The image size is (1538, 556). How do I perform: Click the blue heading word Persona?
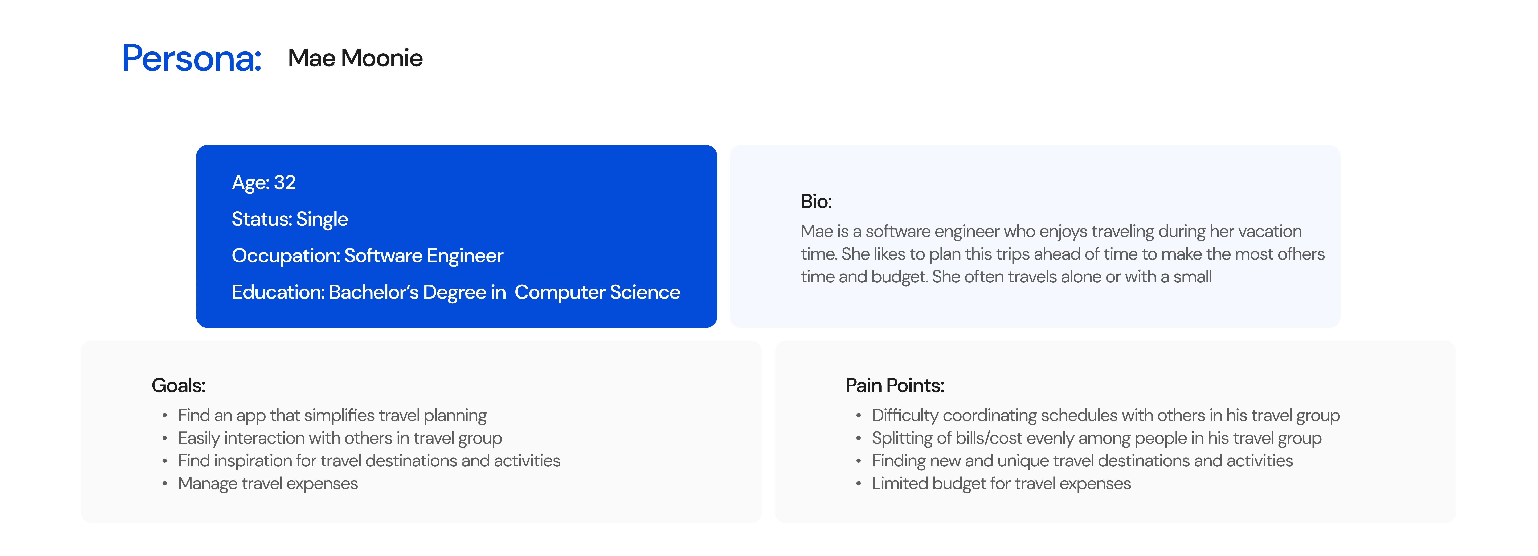pos(192,58)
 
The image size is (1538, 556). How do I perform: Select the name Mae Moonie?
pos(355,58)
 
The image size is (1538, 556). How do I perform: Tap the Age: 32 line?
pos(263,183)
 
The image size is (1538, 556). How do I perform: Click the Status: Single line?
pos(290,219)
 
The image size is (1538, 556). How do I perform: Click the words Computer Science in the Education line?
pos(597,292)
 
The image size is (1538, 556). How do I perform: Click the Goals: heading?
pos(179,385)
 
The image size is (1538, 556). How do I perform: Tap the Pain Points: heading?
pos(894,385)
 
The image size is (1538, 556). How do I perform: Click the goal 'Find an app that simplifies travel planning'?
pos(332,415)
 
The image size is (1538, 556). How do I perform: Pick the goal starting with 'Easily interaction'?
pos(340,438)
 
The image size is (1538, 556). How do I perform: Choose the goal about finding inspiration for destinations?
pos(369,461)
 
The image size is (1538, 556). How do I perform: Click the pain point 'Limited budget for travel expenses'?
pos(1001,483)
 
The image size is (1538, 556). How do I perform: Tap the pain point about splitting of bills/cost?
pos(1096,438)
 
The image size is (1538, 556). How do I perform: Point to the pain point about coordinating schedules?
pos(1106,415)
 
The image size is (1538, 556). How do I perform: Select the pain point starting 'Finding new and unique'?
pos(1082,461)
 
